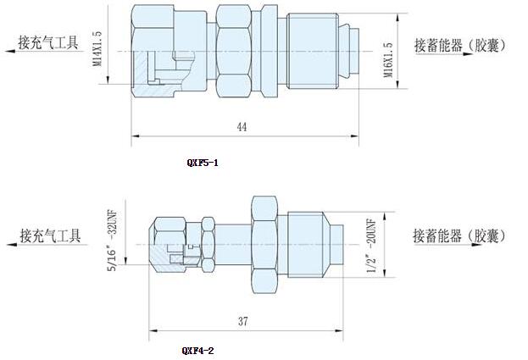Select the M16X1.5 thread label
[x=388, y=59]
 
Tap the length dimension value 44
[x=242, y=126]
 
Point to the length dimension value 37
[x=243, y=322]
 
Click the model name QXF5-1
[x=202, y=162]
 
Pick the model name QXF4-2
[x=198, y=348]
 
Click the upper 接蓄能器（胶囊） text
[x=460, y=46]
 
